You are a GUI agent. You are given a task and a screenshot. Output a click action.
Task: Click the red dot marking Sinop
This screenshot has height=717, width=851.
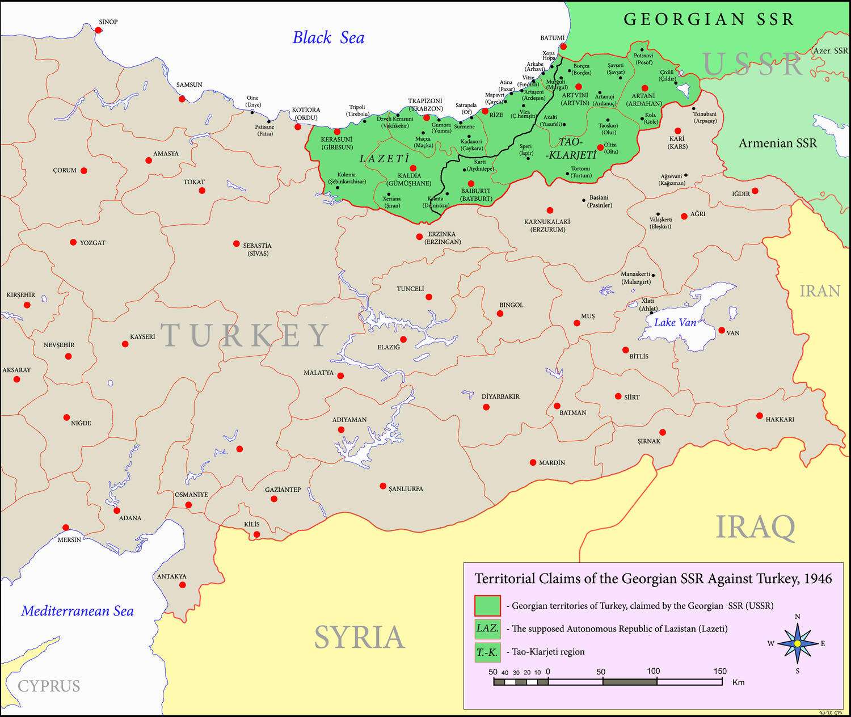point(98,30)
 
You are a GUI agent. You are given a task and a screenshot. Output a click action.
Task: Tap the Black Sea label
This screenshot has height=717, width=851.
point(328,38)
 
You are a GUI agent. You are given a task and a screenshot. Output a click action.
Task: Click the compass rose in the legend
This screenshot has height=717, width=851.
point(797,643)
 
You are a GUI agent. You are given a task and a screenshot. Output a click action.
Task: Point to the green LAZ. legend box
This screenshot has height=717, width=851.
point(487,629)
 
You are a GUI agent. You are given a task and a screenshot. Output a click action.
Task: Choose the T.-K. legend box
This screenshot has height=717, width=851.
point(487,652)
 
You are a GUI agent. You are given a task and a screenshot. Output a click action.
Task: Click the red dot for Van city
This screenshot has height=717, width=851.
point(721,330)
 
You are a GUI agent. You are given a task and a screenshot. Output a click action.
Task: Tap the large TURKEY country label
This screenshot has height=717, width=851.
point(245,335)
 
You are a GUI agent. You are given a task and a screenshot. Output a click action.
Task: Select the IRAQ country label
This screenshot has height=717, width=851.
point(755,528)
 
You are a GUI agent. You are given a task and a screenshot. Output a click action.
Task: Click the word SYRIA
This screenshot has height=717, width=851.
point(359,637)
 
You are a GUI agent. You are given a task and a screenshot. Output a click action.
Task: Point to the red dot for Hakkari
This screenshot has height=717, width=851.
point(760,416)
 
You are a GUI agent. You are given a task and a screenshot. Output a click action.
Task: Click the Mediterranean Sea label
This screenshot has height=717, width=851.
point(78,611)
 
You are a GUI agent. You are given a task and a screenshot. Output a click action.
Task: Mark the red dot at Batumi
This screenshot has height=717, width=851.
point(563,46)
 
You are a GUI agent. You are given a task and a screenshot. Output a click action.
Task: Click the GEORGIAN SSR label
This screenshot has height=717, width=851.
point(709,19)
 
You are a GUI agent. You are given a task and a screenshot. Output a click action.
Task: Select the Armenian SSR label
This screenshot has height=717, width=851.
point(777,143)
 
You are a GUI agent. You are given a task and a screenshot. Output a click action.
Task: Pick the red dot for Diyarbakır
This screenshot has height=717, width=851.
point(486,407)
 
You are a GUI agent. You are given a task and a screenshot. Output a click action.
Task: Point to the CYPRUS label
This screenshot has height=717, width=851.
point(49,686)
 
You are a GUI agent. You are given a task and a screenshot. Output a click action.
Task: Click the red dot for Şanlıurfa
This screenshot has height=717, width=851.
point(383,486)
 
